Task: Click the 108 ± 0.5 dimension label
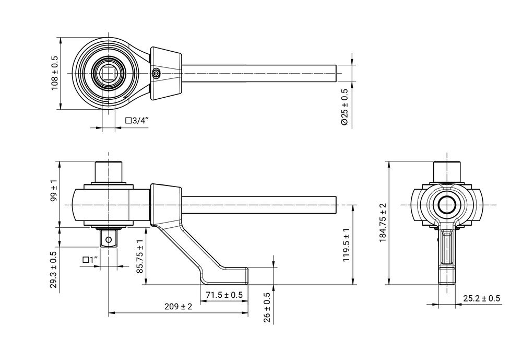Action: pyautogui.click(x=54, y=73)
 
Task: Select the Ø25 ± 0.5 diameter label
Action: pyautogui.click(x=344, y=107)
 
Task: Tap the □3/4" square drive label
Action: pyautogui.click(x=137, y=121)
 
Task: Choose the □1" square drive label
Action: pyautogui.click(x=91, y=260)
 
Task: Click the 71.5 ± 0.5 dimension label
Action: pyautogui.click(x=224, y=295)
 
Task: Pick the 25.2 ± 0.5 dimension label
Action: pyautogui.click(x=481, y=298)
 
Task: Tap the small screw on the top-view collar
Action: pyautogui.click(x=156, y=74)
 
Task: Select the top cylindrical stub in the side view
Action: pyautogui.click(x=109, y=171)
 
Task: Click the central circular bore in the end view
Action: pyautogui.click(x=446, y=205)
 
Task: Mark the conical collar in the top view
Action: pyautogui.click(x=166, y=73)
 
